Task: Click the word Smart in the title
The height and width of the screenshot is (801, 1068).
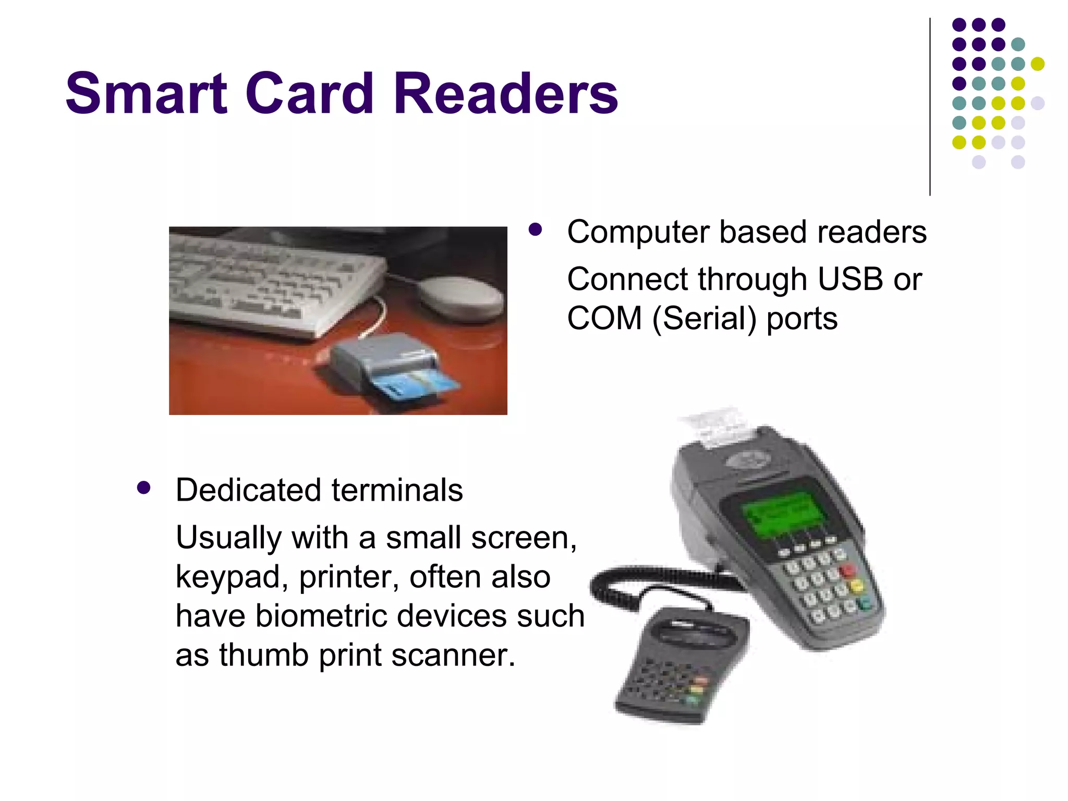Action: (147, 94)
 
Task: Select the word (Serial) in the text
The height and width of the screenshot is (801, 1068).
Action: (704, 319)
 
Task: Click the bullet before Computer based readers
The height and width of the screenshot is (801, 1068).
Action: (535, 229)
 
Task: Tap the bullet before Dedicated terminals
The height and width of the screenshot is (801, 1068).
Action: (143, 488)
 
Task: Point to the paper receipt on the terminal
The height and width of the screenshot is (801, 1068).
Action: (717, 425)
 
